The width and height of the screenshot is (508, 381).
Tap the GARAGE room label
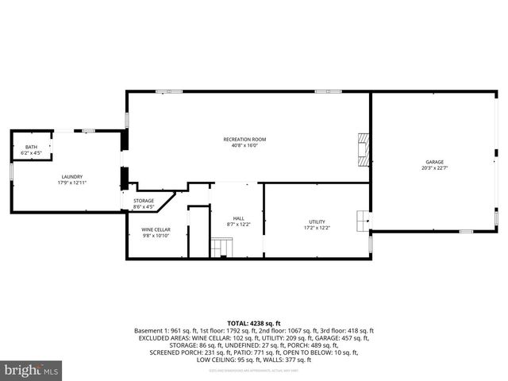coord(434,162)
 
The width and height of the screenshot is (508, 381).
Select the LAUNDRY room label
coord(72,176)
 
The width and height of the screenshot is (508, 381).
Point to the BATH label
coord(32,147)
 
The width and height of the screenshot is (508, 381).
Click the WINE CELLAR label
coord(156,229)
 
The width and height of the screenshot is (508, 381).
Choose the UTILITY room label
coord(317,221)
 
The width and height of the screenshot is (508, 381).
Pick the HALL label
coord(239,218)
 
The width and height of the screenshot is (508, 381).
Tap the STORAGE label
coord(144,201)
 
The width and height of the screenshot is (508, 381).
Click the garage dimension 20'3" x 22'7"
coord(434,167)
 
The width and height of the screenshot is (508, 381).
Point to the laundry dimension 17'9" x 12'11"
coord(72,183)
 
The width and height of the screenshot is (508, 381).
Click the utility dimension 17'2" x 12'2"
coord(317,228)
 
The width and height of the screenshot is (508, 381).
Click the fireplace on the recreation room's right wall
coord(364,150)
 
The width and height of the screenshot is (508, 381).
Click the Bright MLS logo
coord(32,370)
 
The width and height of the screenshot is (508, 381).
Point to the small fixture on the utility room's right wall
coord(364,218)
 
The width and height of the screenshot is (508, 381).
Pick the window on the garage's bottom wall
coord(466,231)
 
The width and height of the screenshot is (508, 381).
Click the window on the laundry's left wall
coord(11,170)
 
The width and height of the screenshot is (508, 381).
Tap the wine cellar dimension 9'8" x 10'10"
coord(156,236)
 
